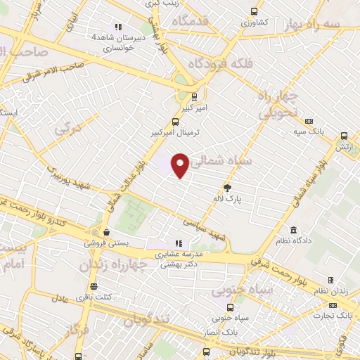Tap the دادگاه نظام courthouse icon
tap(294, 230)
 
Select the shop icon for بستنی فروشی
tap(105, 231)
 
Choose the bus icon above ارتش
tap(344, 136)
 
